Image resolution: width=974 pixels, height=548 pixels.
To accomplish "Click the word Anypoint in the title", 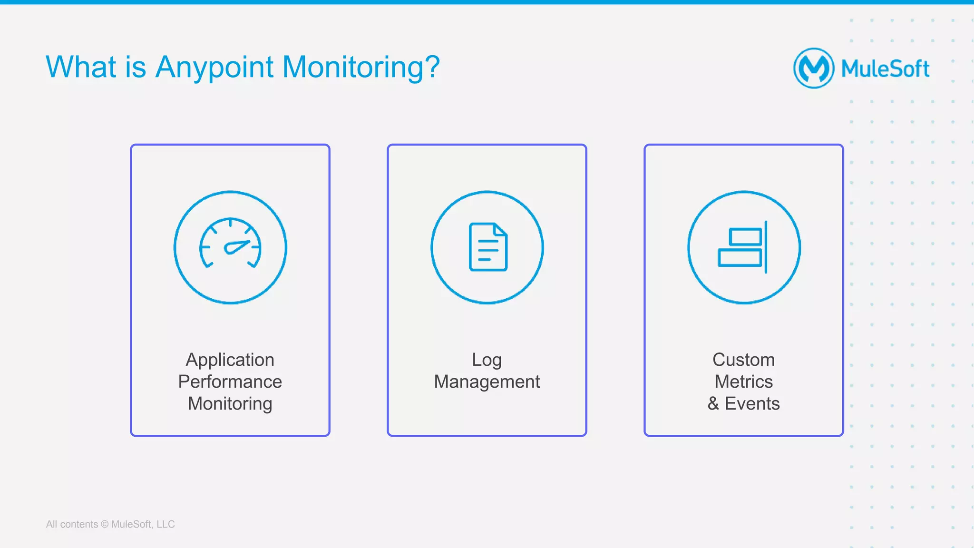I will point(214,67).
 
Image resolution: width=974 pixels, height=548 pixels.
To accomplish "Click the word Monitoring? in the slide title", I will point(361,67).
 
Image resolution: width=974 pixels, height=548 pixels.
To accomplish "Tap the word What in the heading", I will point(81,67).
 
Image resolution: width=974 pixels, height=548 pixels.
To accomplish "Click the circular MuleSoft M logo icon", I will point(813,68).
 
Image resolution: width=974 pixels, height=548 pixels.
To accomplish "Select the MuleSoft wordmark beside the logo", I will point(885,68).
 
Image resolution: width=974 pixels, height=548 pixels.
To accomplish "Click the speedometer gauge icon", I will point(230,243).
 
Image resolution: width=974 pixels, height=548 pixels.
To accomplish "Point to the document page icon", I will point(488,247).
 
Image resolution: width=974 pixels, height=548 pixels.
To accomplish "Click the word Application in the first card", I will point(230,360).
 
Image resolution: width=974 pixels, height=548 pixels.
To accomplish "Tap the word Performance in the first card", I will point(230,382).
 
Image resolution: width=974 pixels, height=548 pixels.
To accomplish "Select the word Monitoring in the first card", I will point(230,403).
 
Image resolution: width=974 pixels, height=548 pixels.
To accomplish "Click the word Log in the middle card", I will point(487,360).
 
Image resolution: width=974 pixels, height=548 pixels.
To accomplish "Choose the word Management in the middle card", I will point(487,382).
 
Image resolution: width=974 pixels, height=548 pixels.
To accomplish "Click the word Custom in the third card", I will point(743,360).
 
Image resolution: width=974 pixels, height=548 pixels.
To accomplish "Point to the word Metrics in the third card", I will point(743,382).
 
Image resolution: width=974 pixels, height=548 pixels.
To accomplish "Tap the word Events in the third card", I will point(752,403).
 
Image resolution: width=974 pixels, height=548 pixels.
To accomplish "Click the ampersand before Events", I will point(713,403).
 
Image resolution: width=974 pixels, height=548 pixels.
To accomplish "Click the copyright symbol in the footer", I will point(105,524).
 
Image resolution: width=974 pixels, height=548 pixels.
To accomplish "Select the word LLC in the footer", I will point(166,524).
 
